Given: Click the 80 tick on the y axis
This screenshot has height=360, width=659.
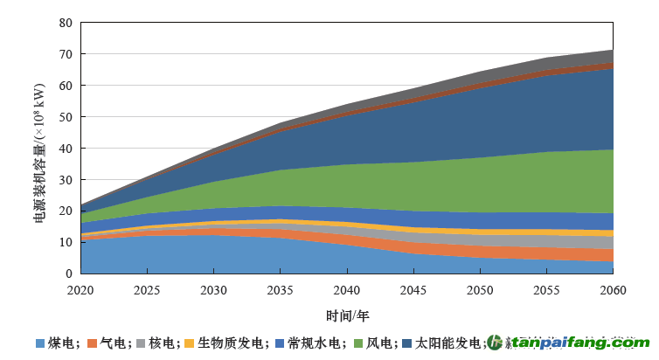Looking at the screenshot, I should pyautogui.click(x=66, y=23).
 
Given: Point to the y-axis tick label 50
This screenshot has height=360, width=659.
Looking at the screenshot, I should pyautogui.click(x=66, y=117).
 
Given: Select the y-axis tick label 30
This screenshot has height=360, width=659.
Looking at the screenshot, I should pyautogui.click(x=66, y=180).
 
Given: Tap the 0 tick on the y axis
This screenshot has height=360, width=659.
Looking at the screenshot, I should pyautogui.click(x=69, y=273).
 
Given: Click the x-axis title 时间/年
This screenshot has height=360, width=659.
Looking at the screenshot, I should pyautogui.click(x=346, y=315).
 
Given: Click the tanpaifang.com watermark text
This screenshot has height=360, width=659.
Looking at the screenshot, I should pyautogui.click(x=581, y=343).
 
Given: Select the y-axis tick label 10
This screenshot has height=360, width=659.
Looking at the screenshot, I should pyautogui.click(x=66, y=242).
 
